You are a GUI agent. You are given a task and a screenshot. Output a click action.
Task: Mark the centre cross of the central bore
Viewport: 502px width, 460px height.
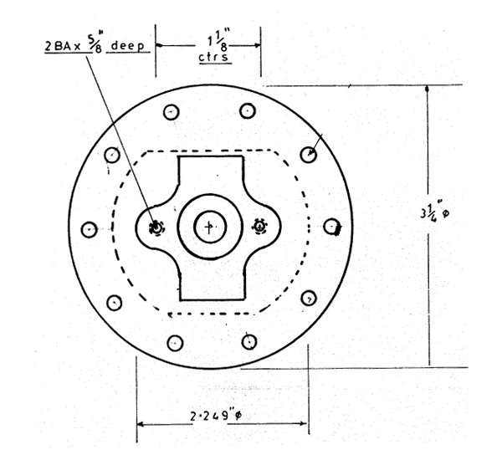click(210, 227)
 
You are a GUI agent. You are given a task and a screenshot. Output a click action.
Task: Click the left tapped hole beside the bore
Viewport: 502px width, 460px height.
click(156, 227)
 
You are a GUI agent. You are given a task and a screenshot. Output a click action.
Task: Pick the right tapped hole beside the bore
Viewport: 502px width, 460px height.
click(259, 226)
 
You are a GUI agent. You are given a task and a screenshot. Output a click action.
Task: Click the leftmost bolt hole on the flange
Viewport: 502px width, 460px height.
click(88, 229)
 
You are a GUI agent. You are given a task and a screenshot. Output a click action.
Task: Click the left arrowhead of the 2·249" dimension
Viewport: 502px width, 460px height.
click(141, 424)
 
